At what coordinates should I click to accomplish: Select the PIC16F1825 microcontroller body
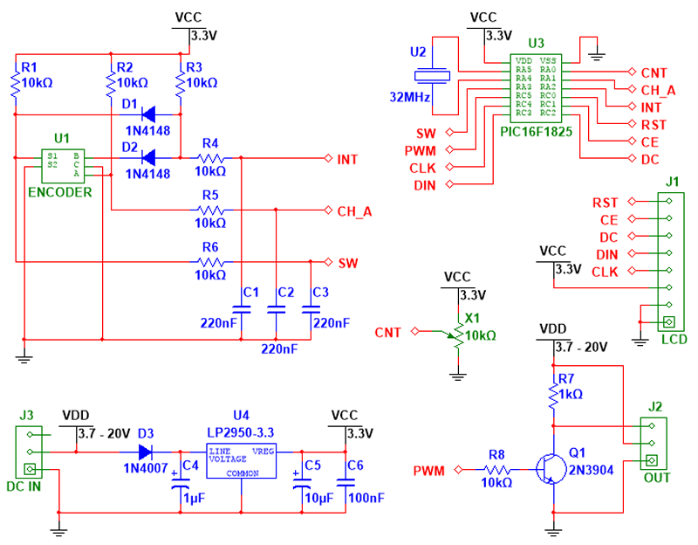[535, 86]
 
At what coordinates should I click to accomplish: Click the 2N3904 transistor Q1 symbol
[547, 470]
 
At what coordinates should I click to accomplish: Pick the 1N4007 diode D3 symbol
[146, 452]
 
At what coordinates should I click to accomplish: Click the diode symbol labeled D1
[147, 114]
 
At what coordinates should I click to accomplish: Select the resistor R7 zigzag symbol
[552, 396]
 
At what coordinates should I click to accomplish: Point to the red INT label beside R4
[346, 159]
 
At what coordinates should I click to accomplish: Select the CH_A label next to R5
[353, 211]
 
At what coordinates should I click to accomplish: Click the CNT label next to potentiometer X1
[388, 332]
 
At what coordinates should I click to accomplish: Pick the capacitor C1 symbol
[240, 307]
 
